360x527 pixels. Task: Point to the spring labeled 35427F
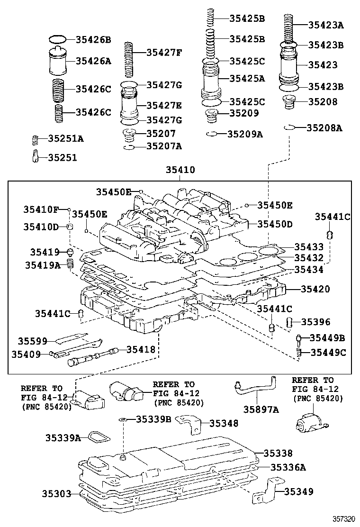[x=129, y=59]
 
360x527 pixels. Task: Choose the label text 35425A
[x=247, y=78]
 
